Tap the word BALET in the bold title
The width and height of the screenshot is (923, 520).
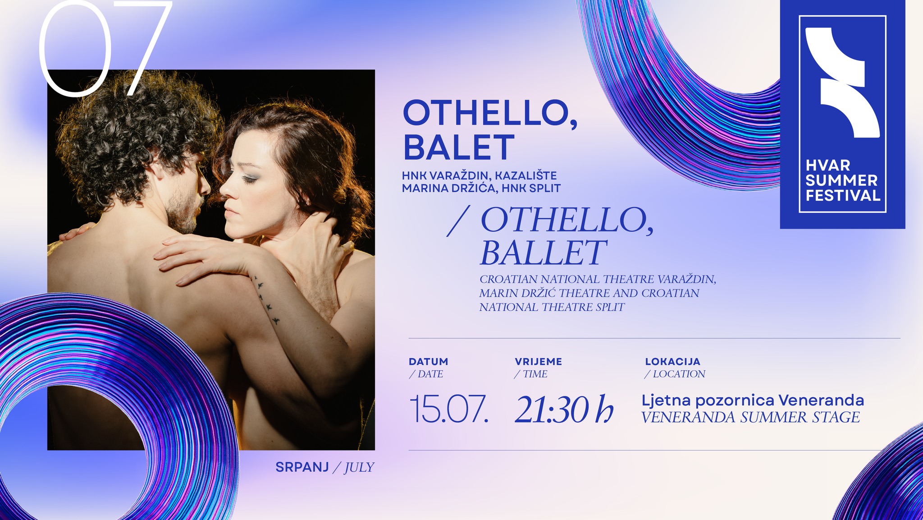[459, 147]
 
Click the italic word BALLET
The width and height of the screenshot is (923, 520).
[543, 253]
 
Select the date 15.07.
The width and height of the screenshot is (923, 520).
[449, 409]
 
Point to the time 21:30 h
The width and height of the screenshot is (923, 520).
[564, 409]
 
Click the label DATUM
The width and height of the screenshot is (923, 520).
[428, 362]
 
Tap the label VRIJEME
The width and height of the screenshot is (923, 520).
[538, 362]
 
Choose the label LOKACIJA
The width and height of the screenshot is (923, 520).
[672, 362]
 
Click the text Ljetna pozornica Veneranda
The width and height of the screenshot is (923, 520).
[753, 400]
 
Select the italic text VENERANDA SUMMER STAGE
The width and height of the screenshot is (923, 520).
[750, 417]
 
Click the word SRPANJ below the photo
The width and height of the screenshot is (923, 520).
[302, 467]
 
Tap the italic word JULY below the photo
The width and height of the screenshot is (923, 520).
[359, 468]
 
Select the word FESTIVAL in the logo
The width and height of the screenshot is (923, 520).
[843, 196]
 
